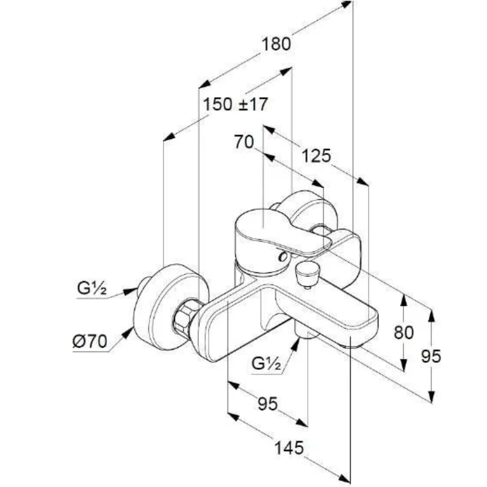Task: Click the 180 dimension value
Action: pos(276,44)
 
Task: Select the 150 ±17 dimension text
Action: pos(235,105)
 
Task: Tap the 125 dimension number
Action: pos(316,156)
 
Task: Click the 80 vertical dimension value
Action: pos(403,333)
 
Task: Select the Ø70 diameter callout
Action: pos(89,342)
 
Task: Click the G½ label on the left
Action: pos(92,289)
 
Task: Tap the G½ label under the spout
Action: pos(266,363)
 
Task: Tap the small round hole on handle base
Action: pos(283,257)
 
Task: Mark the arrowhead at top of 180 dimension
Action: pos(347,4)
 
